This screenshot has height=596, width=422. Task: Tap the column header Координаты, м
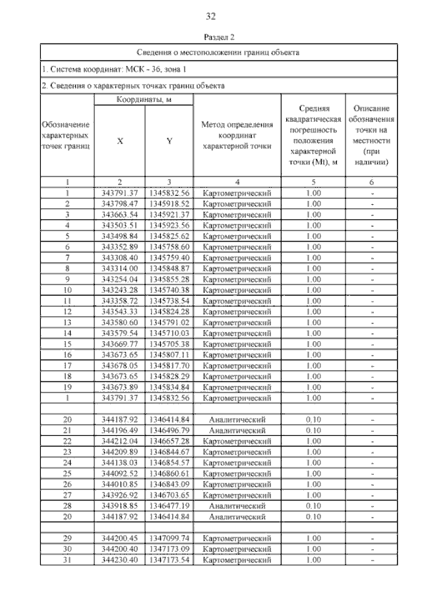tap(143, 99)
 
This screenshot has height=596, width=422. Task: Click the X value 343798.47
tap(119, 204)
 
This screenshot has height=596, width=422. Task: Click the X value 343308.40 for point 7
tap(119, 257)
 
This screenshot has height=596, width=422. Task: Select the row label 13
tap(67, 321)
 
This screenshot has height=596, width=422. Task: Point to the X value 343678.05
tap(119, 365)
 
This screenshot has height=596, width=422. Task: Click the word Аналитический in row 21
tap(237, 429)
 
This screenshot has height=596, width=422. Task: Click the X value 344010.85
tap(119, 483)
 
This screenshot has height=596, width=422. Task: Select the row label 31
tap(67, 559)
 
